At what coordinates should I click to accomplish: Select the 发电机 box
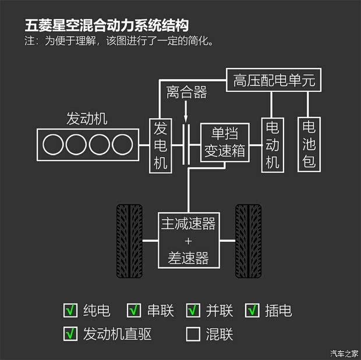pos(160,145)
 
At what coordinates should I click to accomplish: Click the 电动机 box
pos(272,145)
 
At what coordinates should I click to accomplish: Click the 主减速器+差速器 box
pos(189,240)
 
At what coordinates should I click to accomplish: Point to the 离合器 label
pos(186,92)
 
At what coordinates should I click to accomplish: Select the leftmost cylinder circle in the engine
pos(54,144)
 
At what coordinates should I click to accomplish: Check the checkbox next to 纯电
pos(70,311)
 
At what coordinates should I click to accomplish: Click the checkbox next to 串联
pos(135,311)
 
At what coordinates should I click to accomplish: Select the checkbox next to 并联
pos(193,311)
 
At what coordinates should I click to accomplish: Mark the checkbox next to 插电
pos(253,311)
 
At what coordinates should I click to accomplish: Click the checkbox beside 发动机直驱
pos(70,334)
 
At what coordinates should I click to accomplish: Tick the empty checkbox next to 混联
pos(193,334)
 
